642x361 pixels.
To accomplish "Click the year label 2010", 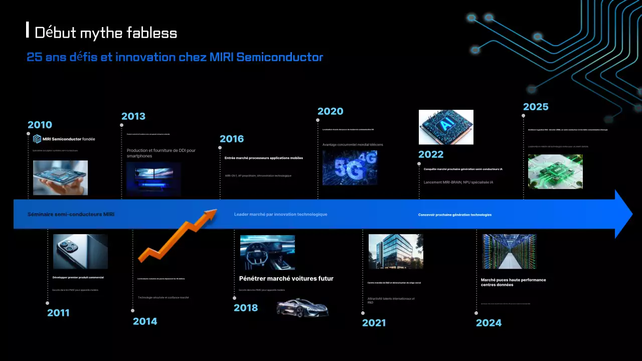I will tap(40, 125).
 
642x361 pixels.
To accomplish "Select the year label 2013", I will tap(133, 116).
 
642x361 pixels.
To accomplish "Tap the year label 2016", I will tap(232, 139).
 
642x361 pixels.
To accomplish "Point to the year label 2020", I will tap(331, 111).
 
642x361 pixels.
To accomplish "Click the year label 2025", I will tap(536, 107).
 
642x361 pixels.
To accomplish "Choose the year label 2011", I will tap(58, 313).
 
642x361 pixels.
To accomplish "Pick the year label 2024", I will tap(489, 323).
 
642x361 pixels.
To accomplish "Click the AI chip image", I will tap(446, 127).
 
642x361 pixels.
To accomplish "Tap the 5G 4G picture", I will tap(350, 167).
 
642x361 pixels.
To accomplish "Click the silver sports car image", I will tap(302, 307).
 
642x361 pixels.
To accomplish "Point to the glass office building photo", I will tap(396, 252).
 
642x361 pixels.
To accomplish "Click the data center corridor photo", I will tap(509, 252).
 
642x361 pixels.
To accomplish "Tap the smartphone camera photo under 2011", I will tap(80, 252).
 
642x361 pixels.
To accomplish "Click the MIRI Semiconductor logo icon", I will tap(37, 139).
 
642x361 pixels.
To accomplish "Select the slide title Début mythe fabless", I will tap(106, 33).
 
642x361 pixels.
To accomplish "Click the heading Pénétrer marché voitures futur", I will tap(286, 278).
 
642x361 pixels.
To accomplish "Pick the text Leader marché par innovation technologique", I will tap(280, 214).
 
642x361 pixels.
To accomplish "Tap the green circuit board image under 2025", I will tap(555, 171).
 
